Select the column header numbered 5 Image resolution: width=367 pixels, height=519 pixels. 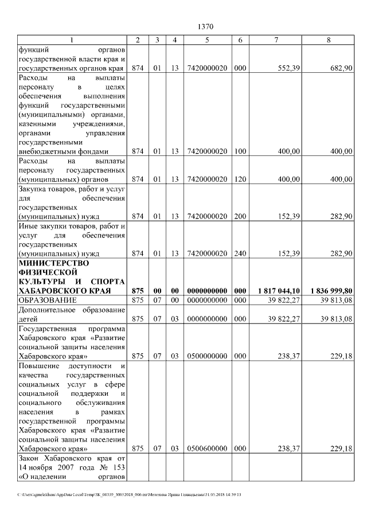pos(206,40)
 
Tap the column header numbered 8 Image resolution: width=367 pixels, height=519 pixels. pos(328,40)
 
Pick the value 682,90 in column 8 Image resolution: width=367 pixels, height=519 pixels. pos(341,68)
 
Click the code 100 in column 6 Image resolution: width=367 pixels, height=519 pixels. pos(240,151)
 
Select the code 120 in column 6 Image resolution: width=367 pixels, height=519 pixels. pos(240,179)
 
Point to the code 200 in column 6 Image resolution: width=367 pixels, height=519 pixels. pos(240,216)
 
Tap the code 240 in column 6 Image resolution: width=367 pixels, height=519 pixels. pos(240,253)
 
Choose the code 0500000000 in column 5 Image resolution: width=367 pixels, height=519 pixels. pos(206,356)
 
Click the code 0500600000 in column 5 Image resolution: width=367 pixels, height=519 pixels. pos(206,448)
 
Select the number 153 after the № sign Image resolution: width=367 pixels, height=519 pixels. pos(118,467)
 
